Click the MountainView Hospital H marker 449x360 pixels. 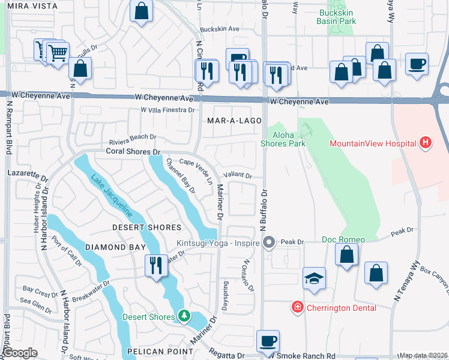(426, 143)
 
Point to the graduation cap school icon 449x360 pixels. (314, 279)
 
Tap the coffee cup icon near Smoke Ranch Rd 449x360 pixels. (268, 341)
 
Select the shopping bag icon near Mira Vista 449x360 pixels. (140, 11)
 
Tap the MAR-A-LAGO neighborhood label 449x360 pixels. (234, 121)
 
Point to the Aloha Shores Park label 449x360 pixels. (283, 139)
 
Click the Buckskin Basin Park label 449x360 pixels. (336, 16)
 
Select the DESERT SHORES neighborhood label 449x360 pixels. (147, 227)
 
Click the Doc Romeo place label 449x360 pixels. (343, 240)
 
